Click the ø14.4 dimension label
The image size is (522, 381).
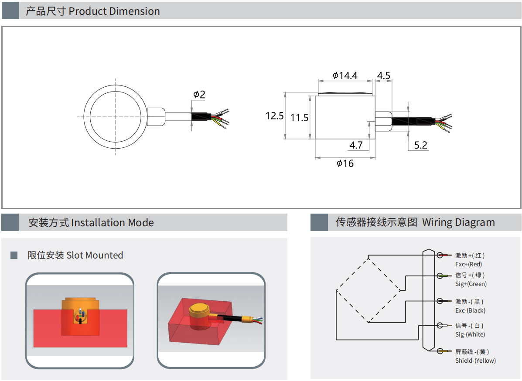click(345, 75)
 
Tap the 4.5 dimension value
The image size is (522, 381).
click(383, 75)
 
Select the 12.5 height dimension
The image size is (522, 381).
click(275, 116)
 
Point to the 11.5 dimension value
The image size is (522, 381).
click(300, 117)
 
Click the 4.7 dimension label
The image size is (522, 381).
click(356, 145)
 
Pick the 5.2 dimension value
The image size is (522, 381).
click(420, 145)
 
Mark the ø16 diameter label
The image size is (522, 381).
click(345, 163)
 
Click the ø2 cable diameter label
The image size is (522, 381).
click(199, 94)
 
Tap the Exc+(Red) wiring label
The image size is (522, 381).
click(468, 264)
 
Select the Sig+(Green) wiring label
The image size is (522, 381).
click(471, 284)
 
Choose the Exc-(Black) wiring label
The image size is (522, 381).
click(470, 310)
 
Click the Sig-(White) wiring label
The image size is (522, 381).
click(470, 334)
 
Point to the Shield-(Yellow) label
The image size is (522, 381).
click(475, 361)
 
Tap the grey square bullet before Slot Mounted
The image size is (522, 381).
click(14, 255)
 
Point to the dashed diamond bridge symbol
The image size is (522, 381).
click(368, 290)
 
